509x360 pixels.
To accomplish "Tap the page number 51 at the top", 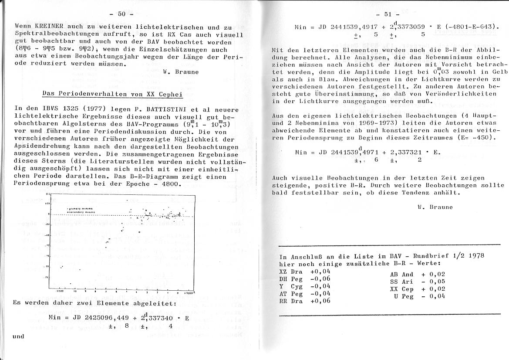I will click(x=388, y=14).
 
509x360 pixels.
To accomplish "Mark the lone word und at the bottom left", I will click(x=18, y=336).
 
